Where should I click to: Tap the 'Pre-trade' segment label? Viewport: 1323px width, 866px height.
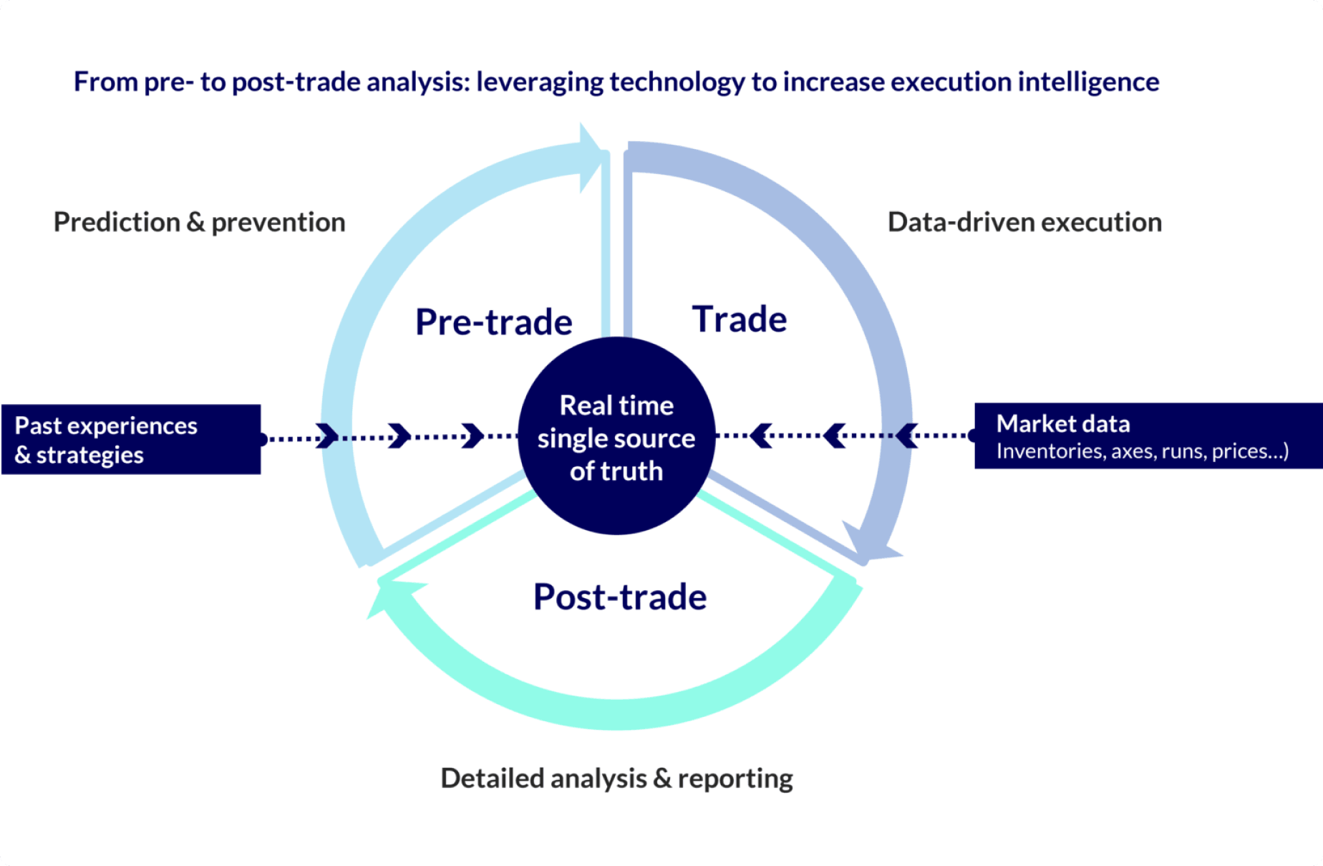494,322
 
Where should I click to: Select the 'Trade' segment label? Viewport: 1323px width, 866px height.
739,319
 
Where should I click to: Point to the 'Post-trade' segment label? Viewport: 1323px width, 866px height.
620,597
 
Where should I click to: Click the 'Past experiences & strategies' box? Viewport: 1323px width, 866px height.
131,439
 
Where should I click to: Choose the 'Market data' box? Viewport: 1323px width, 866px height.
1148,436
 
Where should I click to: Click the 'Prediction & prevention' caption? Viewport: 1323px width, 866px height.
200,222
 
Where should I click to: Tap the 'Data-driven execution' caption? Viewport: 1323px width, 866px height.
1024,222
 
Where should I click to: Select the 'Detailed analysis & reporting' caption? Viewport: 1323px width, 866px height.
616,778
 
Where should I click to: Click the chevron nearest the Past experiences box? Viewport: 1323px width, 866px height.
326,436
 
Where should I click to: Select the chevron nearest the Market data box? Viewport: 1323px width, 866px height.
906,435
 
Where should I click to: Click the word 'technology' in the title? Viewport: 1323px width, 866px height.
677,82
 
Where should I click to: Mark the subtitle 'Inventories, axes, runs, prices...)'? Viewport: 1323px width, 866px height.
1142,451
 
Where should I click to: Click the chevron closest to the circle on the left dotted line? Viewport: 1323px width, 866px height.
472,436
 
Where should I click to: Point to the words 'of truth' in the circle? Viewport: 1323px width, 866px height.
616,471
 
